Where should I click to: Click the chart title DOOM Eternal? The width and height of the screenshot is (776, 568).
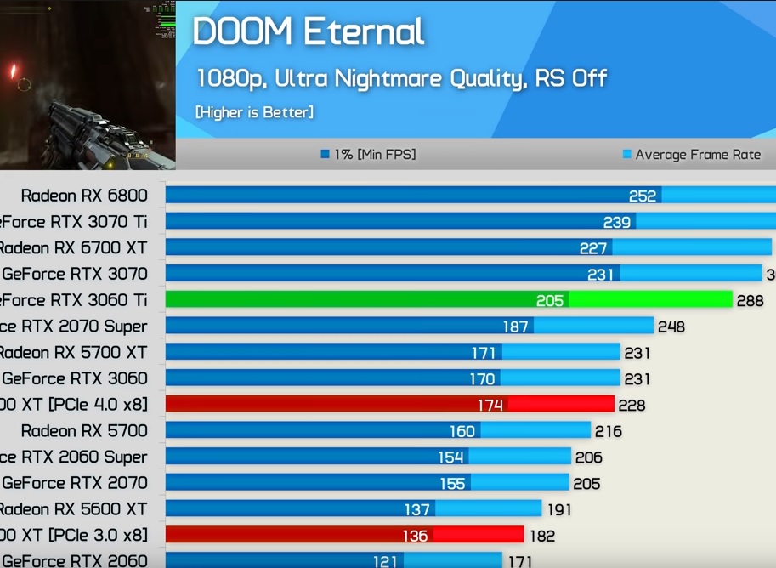point(308,32)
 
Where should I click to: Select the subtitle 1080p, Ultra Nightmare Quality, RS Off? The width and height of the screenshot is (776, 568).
point(401,79)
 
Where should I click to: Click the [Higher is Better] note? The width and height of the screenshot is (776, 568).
point(254,112)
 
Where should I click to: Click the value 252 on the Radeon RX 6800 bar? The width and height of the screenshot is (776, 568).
point(643,196)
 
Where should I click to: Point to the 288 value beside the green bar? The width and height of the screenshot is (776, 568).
point(750,300)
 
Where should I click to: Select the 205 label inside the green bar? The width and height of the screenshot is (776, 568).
point(550,300)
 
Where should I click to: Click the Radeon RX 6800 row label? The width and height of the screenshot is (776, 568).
point(84,196)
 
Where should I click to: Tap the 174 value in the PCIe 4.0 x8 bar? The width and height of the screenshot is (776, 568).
point(490,405)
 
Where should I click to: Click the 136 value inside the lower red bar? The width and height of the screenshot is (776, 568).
point(415,536)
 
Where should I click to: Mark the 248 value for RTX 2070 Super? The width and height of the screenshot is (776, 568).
point(671,327)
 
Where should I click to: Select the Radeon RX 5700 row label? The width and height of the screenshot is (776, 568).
point(84,430)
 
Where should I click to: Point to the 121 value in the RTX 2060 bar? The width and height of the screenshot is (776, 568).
point(386,561)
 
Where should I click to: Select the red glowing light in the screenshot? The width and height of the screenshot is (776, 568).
point(13,71)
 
